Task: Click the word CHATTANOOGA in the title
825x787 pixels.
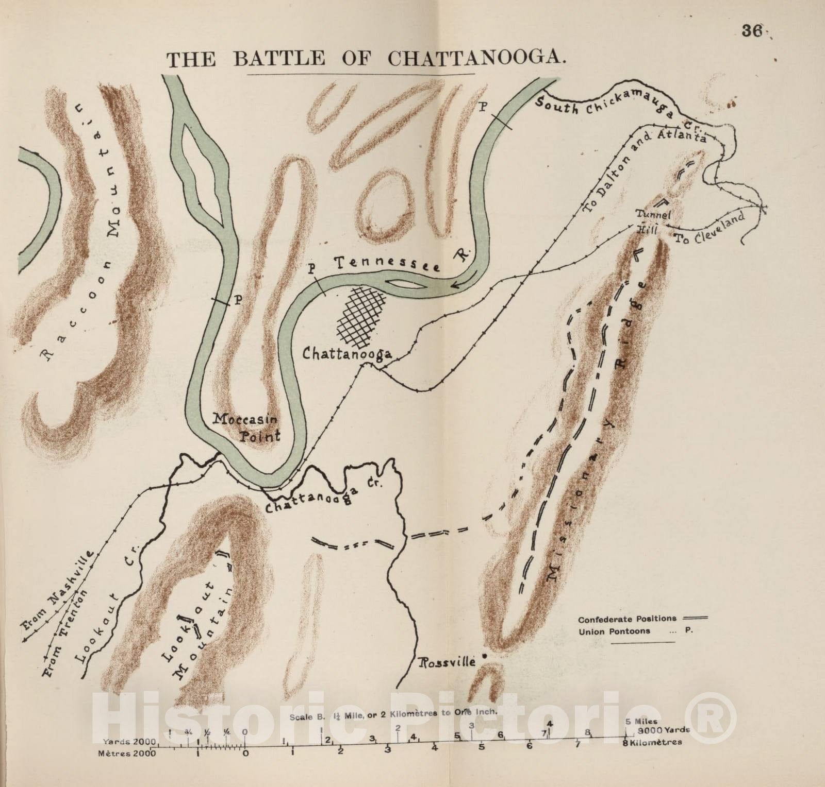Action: pyautogui.click(x=473, y=59)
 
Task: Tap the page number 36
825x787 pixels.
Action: pyautogui.click(x=752, y=30)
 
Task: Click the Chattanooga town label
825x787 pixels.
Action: pyautogui.click(x=347, y=354)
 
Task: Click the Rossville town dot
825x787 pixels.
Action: pyautogui.click(x=484, y=656)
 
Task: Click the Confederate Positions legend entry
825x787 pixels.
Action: pyautogui.click(x=642, y=619)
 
